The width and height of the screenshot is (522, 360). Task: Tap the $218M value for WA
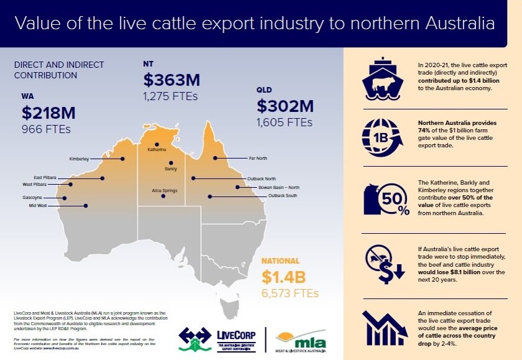coord(48,113)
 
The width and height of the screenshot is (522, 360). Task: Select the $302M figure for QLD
coord(285,106)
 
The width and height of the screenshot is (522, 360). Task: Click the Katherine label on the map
coord(157,150)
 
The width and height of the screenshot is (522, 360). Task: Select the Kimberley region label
coord(79,159)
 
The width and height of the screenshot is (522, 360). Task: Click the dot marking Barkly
coord(171,163)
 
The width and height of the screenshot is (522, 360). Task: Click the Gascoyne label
coord(32,198)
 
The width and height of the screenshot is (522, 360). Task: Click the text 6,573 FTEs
coord(290,293)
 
